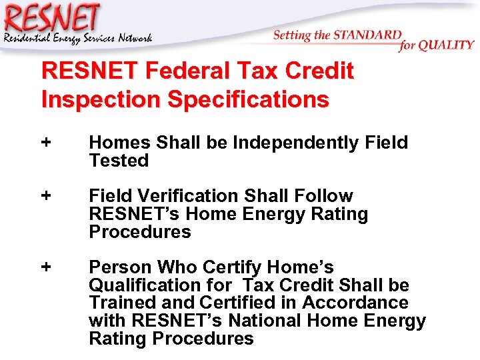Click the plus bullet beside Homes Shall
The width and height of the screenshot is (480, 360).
click(x=46, y=142)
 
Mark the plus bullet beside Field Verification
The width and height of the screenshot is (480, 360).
click(x=46, y=196)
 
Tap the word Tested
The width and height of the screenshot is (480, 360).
click(x=119, y=161)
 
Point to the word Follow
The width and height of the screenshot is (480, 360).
click(x=323, y=196)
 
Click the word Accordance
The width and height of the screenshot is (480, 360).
click(x=355, y=303)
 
